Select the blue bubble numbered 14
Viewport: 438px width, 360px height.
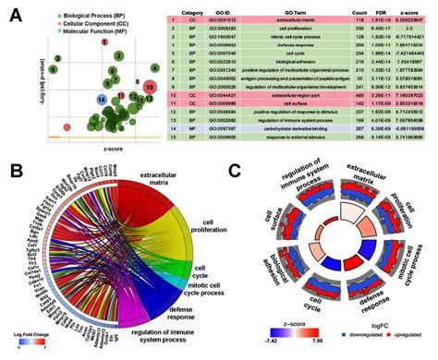tap(101, 97)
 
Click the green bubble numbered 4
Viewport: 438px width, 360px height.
tap(155, 68)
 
